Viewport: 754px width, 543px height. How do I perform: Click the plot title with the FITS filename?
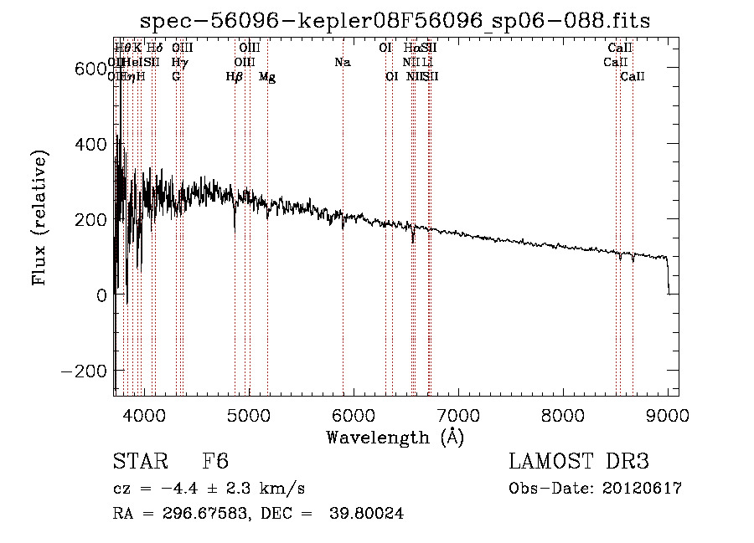[x=395, y=20]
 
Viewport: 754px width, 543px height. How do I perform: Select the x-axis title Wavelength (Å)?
[x=395, y=437]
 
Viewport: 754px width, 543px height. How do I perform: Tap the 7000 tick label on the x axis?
[x=458, y=414]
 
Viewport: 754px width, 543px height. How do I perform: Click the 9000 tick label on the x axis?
[x=668, y=414]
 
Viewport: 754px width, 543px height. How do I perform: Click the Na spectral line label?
[x=342, y=63]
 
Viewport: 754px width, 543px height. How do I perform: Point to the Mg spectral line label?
[x=267, y=77]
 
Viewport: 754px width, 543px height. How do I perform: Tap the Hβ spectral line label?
[x=235, y=77]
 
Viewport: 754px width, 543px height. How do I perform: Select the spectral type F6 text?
[x=215, y=462]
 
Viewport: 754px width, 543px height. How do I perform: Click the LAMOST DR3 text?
[x=579, y=462]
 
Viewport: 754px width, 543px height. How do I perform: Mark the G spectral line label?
[x=176, y=77]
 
